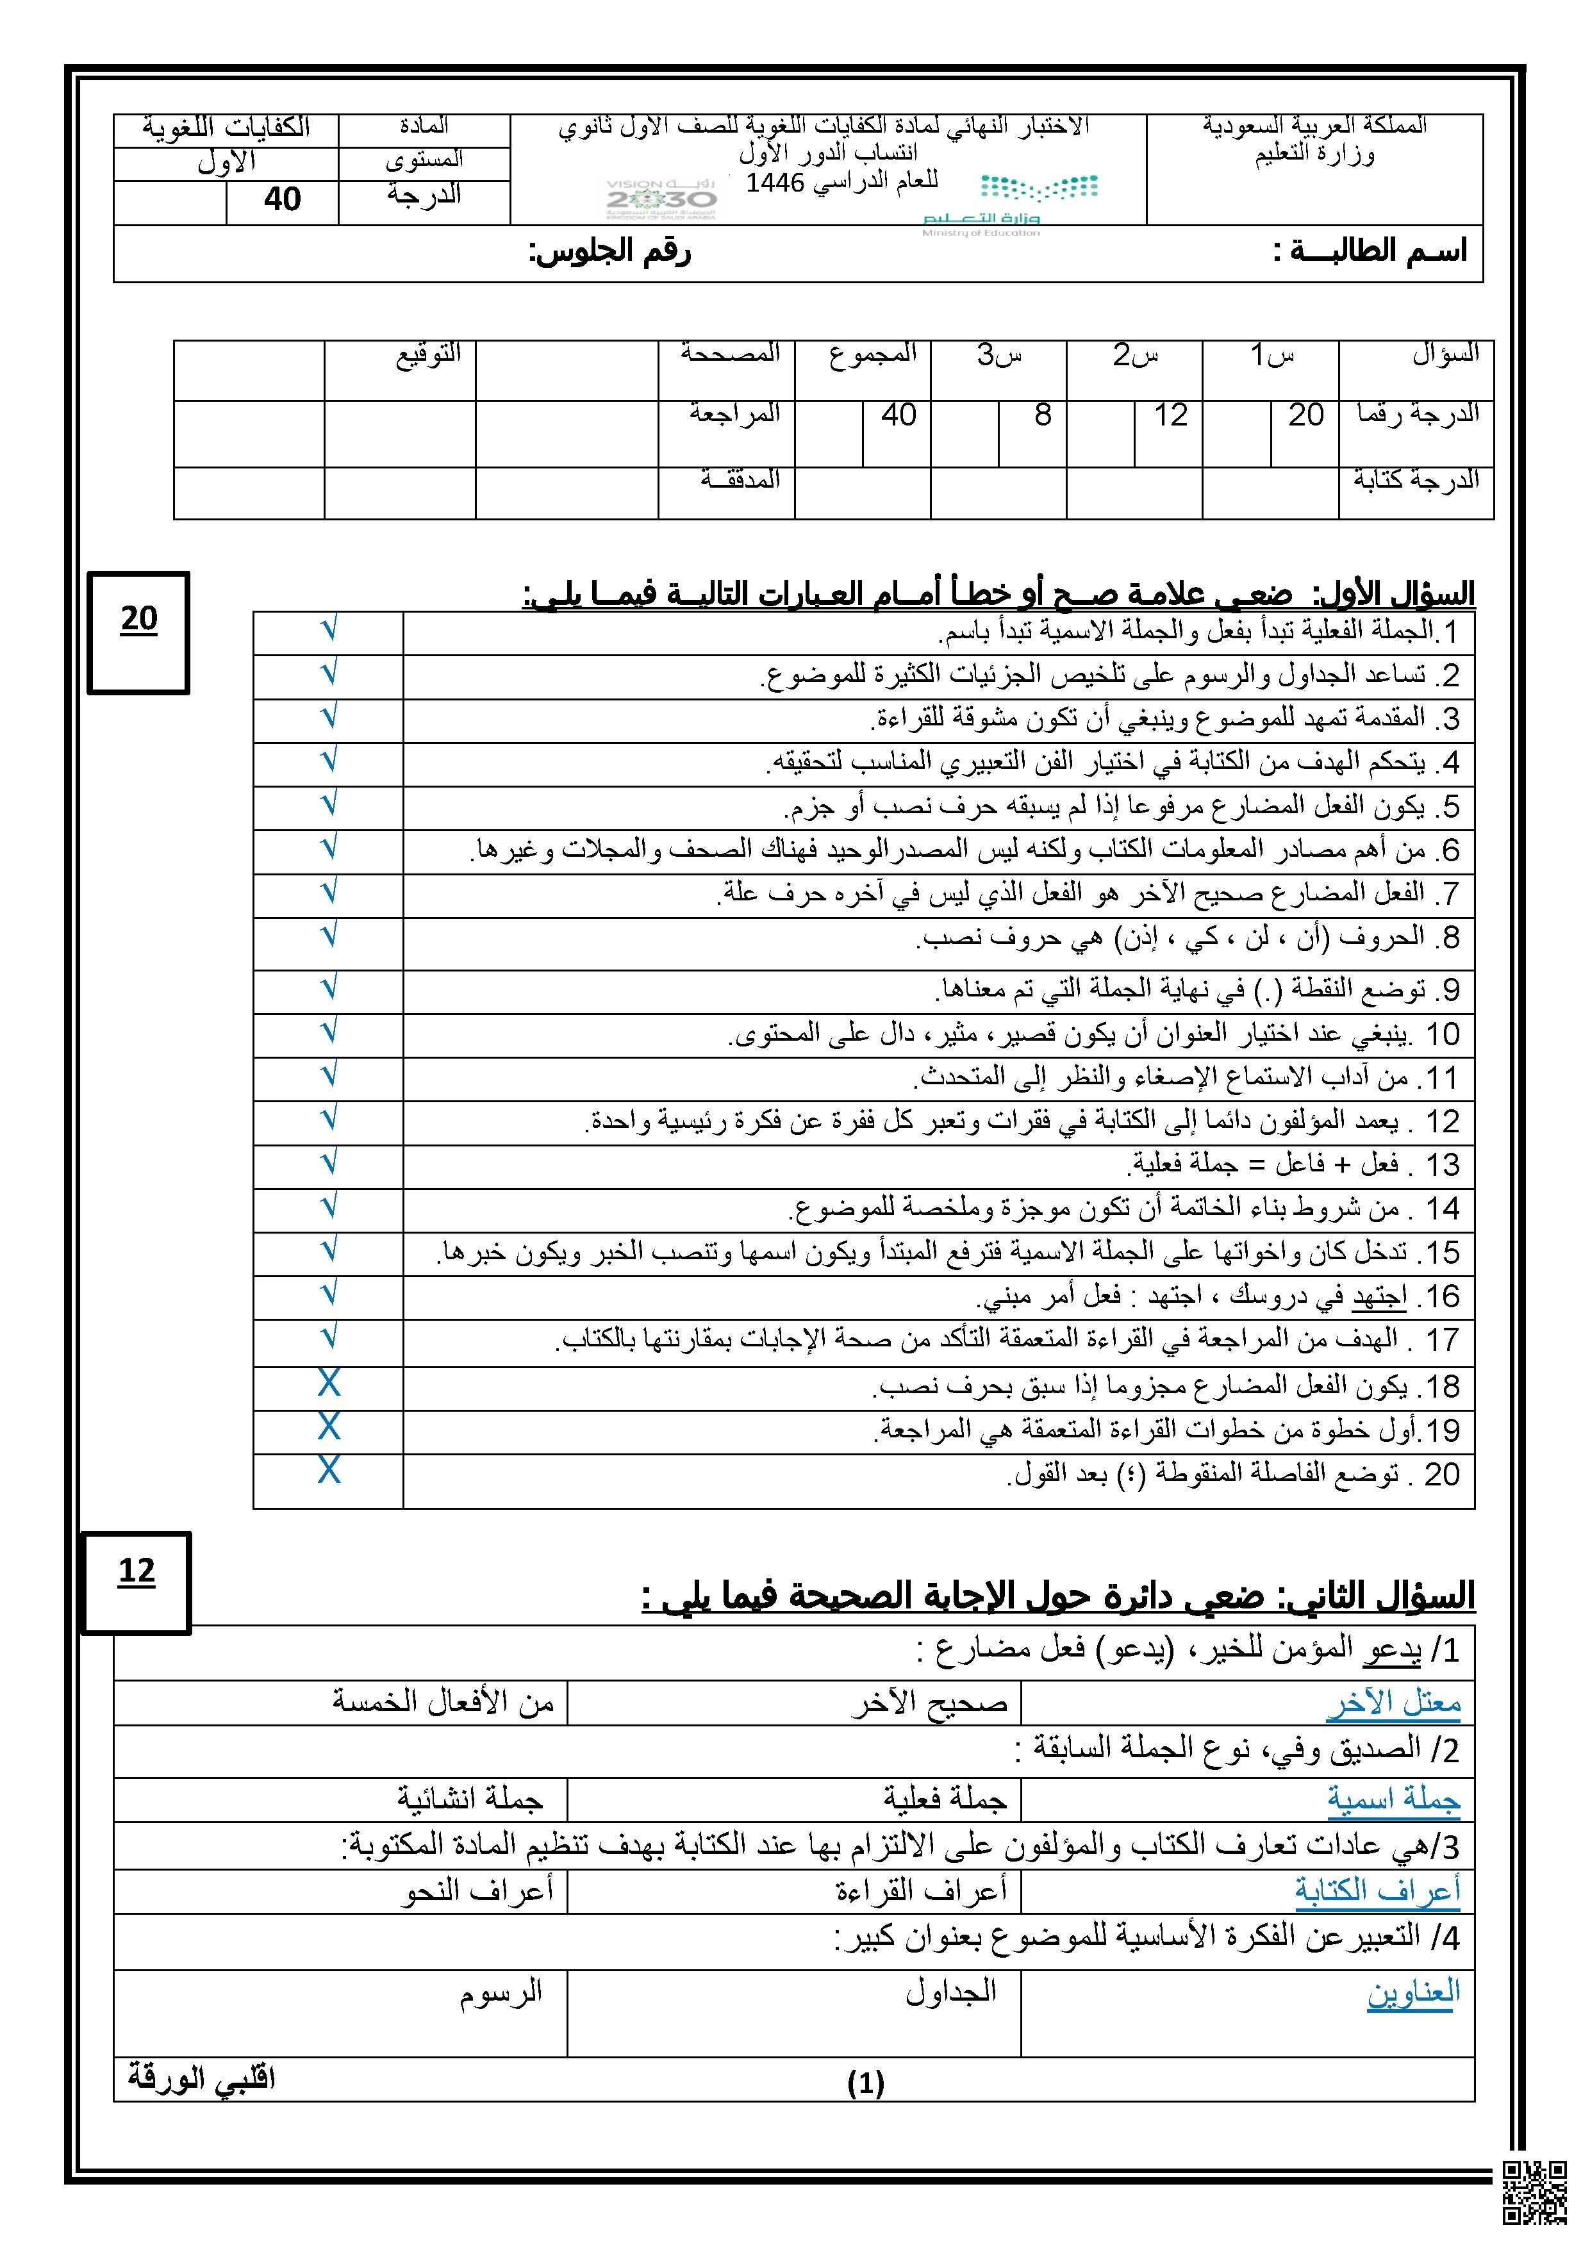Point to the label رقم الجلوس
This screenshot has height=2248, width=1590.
point(610,252)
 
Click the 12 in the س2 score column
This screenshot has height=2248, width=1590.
point(1170,416)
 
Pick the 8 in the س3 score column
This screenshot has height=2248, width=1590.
point(1043,416)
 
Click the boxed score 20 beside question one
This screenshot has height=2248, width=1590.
point(139,619)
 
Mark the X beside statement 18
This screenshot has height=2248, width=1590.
point(329,1384)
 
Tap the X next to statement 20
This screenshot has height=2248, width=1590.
point(329,1471)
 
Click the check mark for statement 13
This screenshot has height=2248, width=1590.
point(329,1162)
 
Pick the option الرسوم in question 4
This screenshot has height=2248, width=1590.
point(501,1992)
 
